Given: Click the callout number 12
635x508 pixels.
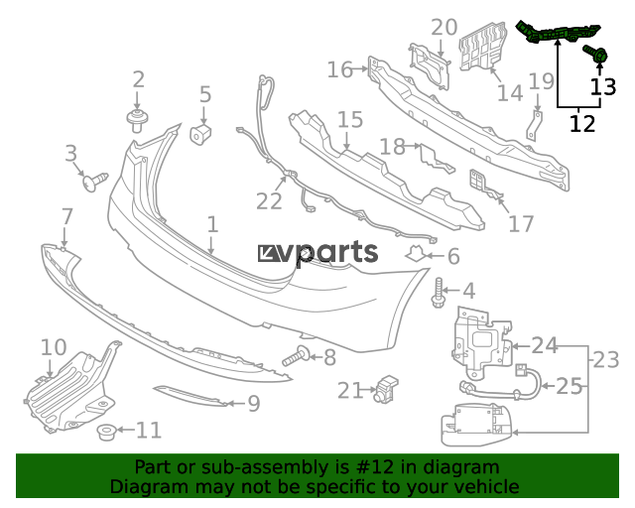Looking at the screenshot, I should (582, 124).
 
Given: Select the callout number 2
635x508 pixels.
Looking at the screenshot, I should (139, 80).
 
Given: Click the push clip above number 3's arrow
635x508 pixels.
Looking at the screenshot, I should (95, 182).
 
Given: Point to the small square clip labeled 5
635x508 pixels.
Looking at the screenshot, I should (201, 133).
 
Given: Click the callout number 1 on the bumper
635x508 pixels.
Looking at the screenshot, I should (212, 226).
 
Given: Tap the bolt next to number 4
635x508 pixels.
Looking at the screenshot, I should (440, 294).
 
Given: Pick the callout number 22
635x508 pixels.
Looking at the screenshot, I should (269, 201).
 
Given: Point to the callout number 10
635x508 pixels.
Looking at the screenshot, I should (53, 347).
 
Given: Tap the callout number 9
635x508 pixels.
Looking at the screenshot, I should (253, 404).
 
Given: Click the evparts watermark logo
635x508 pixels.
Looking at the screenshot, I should (317, 254).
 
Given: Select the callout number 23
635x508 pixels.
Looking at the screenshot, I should (605, 358).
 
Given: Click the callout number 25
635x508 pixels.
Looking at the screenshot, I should (569, 386).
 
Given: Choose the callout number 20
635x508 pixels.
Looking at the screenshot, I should (444, 27).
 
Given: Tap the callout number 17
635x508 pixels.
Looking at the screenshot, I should (521, 223).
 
